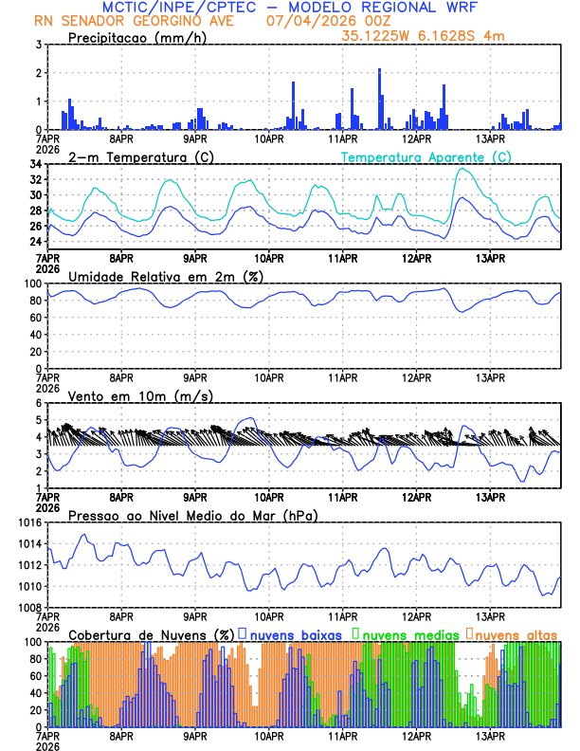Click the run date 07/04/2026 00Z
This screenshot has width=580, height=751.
(331, 20)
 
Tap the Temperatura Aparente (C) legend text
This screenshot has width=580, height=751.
(426, 156)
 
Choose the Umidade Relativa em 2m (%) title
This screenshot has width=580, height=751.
(166, 276)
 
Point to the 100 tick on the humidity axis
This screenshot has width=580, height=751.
(32, 284)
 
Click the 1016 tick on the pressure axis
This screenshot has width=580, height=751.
(28, 522)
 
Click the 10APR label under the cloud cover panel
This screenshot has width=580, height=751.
(269, 735)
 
